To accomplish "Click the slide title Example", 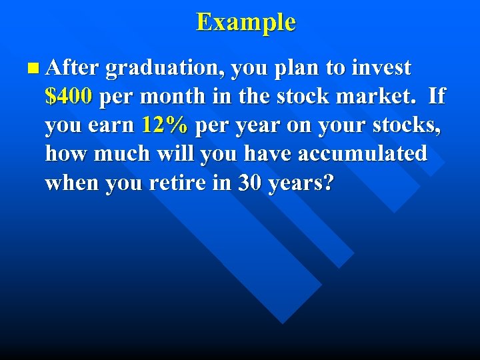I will point(245,22).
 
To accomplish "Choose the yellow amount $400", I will point(69,97).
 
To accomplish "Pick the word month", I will point(173,97).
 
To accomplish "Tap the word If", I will point(437,97).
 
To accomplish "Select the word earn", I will point(112,125).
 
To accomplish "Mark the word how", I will point(67,154).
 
